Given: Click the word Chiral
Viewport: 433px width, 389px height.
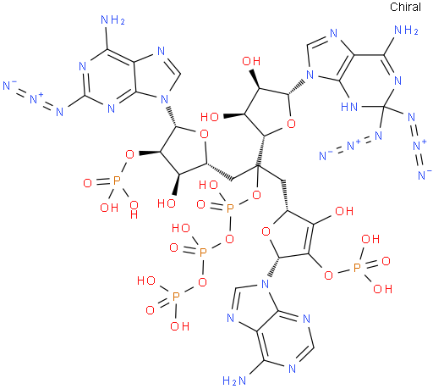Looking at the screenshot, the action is (x=405, y=7).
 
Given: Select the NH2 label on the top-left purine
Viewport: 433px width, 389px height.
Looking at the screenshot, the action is (x=112, y=19).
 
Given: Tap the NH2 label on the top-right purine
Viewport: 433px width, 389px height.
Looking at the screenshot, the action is (x=406, y=30).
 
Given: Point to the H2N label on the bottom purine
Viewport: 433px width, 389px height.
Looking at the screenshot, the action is (x=234, y=381).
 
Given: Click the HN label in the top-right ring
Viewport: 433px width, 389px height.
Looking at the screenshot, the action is (x=349, y=107).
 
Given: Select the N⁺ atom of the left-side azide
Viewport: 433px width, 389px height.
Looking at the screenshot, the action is (x=36, y=98).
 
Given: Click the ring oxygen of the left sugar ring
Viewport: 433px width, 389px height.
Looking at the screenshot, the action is (x=204, y=134).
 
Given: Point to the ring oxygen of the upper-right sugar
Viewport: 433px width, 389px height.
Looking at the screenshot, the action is (x=291, y=124).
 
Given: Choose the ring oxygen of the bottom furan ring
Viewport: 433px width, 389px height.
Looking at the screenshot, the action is (x=266, y=231).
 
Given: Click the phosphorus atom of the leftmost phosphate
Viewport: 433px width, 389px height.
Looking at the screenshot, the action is (x=117, y=181).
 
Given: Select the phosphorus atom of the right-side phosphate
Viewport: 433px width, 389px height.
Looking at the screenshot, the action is (x=357, y=267).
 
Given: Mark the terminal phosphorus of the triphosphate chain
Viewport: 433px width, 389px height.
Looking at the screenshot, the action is (x=176, y=297).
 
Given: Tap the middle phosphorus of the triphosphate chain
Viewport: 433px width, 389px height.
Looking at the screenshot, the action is (x=203, y=253).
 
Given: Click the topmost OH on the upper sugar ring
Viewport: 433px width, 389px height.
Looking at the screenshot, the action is (x=251, y=61).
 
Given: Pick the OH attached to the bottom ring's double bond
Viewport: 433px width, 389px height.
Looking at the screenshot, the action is (x=343, y=211).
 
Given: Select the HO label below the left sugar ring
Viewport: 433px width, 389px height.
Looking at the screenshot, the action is (x=167, y=203).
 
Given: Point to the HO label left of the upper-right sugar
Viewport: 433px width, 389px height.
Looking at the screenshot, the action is (x=210, y=117).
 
